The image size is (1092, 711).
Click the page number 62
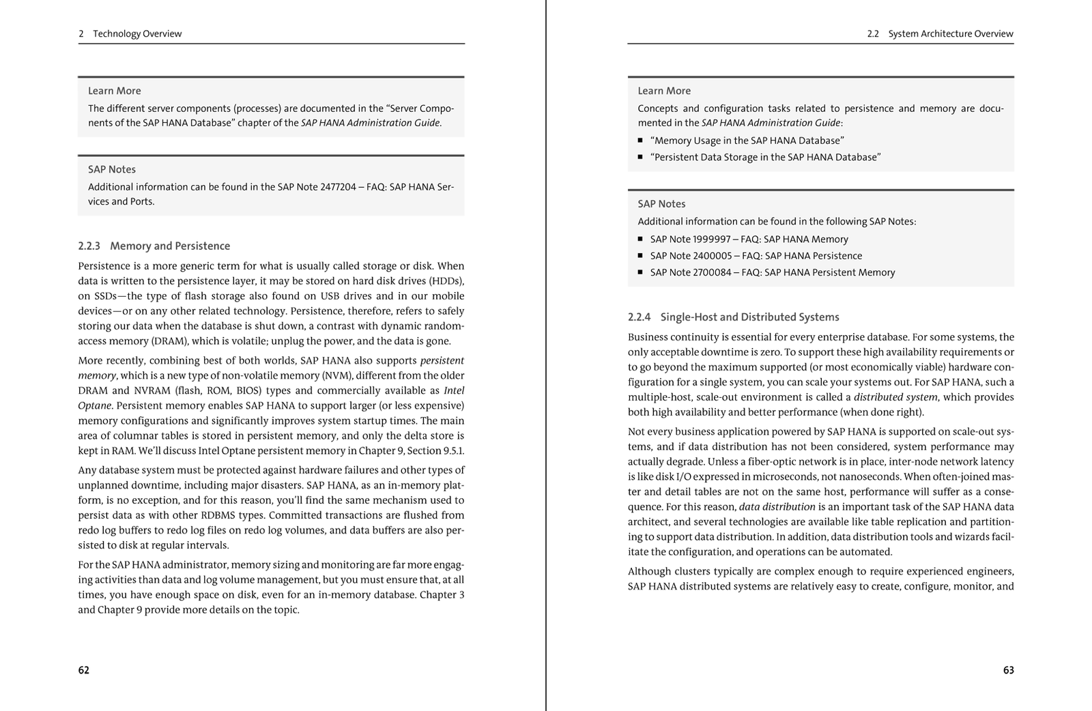tap(83, 670)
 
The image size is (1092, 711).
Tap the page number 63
tap(1008, 670)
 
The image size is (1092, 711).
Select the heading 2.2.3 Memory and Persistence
tap(154, 246)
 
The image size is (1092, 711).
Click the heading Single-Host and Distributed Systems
tap(749, 317)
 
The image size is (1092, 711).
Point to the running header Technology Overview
tap(137, 33)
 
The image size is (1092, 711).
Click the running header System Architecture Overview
tap(950, 33)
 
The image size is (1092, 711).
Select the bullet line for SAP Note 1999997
tap(749, 240)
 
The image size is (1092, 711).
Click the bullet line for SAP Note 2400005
tap(756, 256)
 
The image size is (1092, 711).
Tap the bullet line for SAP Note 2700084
tap(772, 272)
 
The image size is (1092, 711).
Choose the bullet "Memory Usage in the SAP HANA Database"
tap(747, 141)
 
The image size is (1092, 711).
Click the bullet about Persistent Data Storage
tap(765, 157)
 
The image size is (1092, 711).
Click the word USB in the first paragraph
tap(330, 296)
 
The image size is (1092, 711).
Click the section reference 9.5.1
tap(451, 451)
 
